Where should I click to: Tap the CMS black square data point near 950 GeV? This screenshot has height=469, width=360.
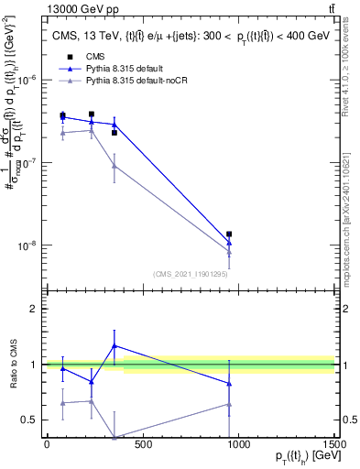click(x=229, y=234)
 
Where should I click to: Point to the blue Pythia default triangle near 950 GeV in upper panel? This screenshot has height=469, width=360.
click(x=229, y=244)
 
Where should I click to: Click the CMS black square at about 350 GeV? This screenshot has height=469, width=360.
click(x=114, y=133)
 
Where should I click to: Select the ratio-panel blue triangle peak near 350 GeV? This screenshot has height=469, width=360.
click(x=114, y=345)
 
